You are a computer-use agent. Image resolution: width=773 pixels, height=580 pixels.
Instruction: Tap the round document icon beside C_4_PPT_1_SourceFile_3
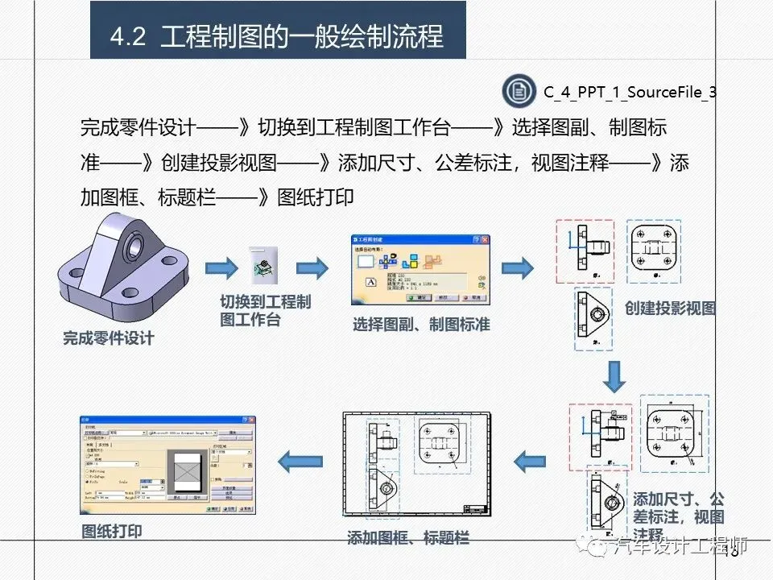click(x=519, y=91)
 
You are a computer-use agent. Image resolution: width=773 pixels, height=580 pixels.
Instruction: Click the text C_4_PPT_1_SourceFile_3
click(x=630, y=92)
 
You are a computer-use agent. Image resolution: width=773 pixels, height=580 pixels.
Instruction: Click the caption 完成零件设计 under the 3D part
click(x=108, y=338)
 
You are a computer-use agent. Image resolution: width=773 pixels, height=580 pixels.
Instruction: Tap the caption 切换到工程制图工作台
click(x=265, y=311)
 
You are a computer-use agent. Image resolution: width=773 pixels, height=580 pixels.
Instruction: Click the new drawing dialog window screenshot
click(x=420, y=269)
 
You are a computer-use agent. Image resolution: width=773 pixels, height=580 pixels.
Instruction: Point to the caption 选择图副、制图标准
click(x=421, y=325)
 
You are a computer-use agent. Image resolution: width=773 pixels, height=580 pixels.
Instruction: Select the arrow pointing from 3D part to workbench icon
click(x=220, y=268)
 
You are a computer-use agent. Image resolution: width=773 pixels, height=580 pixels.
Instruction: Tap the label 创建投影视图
click(x=670, y=309)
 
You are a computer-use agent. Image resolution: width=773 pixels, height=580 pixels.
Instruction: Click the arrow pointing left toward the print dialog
click(x=300, y=462)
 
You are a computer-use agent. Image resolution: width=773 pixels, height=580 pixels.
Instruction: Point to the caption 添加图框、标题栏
click(x=407, y=537)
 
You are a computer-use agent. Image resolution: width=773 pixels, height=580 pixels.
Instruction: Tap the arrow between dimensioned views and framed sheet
click(x=531, y=462)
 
